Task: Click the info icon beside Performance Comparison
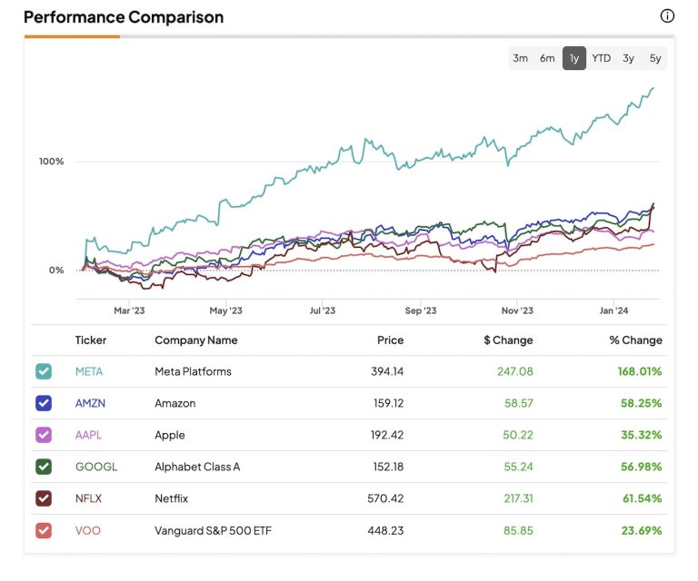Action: click(x=667, y=16)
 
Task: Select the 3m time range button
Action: click(x=520, y=58)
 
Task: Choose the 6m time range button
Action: click(x=547, y=58)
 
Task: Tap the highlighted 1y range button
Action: click(x=574, y=58)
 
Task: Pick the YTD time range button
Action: click(x=602, y=58)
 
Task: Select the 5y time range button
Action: click(x=655, y=58)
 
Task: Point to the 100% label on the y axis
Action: click(x=52, y=162)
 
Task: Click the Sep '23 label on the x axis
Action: click(x=420, y=310)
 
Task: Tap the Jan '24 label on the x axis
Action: click(x=613, y=310)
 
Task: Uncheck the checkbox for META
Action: click(x=44, y=371)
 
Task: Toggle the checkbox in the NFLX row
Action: click(x=44, y=498)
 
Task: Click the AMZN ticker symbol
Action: click(x=91, y=403)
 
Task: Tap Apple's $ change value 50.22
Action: click(x=516, y=435)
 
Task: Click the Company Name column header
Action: click(x=196, y=340)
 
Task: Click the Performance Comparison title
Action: click(x=124, y=17)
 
